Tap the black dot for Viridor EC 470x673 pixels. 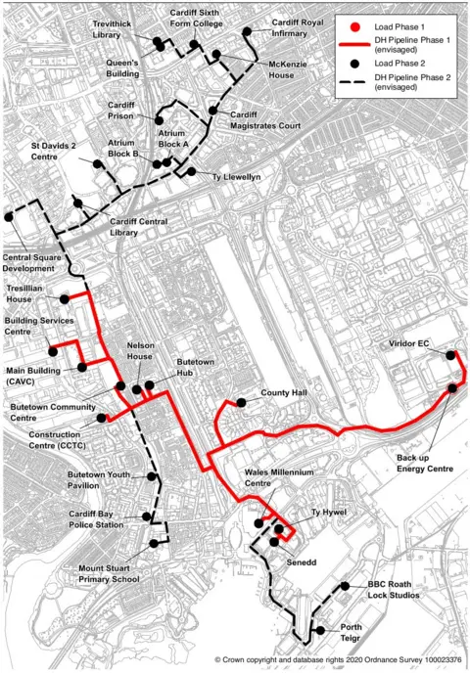click(451, 357)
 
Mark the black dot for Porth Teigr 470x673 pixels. click(319, 632)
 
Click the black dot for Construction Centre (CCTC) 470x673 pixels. click(102, 419)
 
